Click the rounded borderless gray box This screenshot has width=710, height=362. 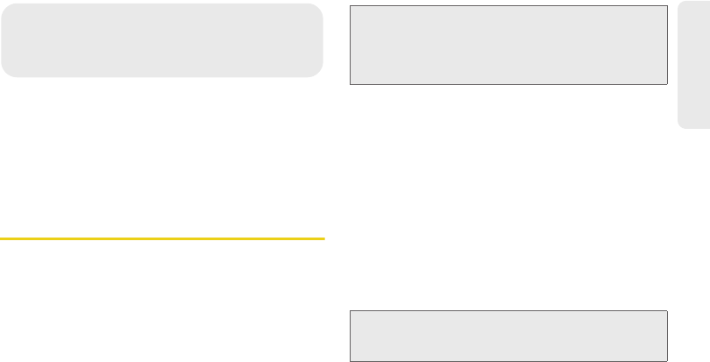pos(162,39)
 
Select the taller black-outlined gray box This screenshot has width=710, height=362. pos(508,45)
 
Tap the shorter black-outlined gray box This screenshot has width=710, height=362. pos(508,335)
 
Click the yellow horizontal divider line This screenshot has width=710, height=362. pos(162,238)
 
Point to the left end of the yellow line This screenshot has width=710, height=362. pos(1,238)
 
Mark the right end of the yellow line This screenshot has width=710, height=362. pos(323,238)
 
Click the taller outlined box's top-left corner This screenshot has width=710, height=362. pos(350,6)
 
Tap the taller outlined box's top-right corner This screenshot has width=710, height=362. pos(668,6)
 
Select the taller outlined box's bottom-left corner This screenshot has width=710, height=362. pos(350,84)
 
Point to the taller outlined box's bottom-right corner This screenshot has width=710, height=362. pos(668,84)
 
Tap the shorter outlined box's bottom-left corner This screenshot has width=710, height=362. pos(350,360)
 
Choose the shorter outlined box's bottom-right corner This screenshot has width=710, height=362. pos(668,360)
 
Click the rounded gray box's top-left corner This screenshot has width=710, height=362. pos(3,4)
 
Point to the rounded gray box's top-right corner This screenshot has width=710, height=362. pos(322,4)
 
